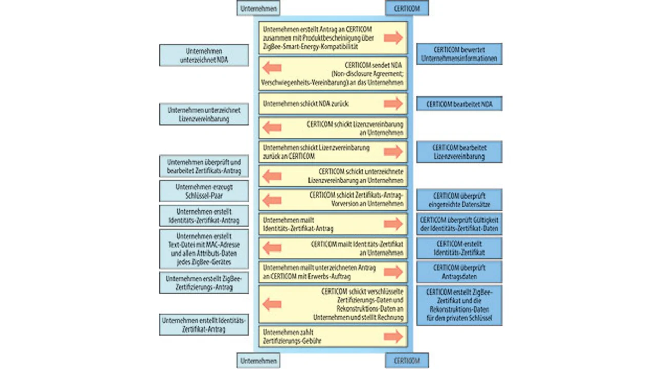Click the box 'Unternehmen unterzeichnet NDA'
click(x=204, y=55)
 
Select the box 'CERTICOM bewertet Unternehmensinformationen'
click(x=459, y=54)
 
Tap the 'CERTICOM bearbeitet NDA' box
click(x=459, y=104)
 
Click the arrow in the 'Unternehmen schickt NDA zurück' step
click(x=393, y=104)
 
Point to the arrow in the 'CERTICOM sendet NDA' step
click(x=272, y=68)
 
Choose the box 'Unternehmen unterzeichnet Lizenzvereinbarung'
click(x=204, y=114)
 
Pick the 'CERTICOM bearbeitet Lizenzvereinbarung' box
click(x=459, y=152)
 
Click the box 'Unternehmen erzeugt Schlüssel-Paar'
click(x=204, y=191)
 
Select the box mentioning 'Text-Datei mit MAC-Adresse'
click(x=204, y=249)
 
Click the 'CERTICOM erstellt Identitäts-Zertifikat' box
click(x=459, y=248)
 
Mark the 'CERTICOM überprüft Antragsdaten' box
click(x=459, y=272)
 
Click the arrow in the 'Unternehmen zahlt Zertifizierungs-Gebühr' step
click(x=393, y=336)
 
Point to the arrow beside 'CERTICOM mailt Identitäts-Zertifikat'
click(x=272, y=248)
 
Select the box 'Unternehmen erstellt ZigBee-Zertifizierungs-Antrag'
click(x=204, y=283)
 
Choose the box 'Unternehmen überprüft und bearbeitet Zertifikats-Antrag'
click(x=204, y=166)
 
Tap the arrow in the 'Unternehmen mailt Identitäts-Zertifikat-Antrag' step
click(x=393, y=224)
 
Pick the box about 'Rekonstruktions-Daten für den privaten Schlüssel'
click(x=459, y=306)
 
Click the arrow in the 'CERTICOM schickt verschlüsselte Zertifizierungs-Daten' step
click(x=272, y=304)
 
